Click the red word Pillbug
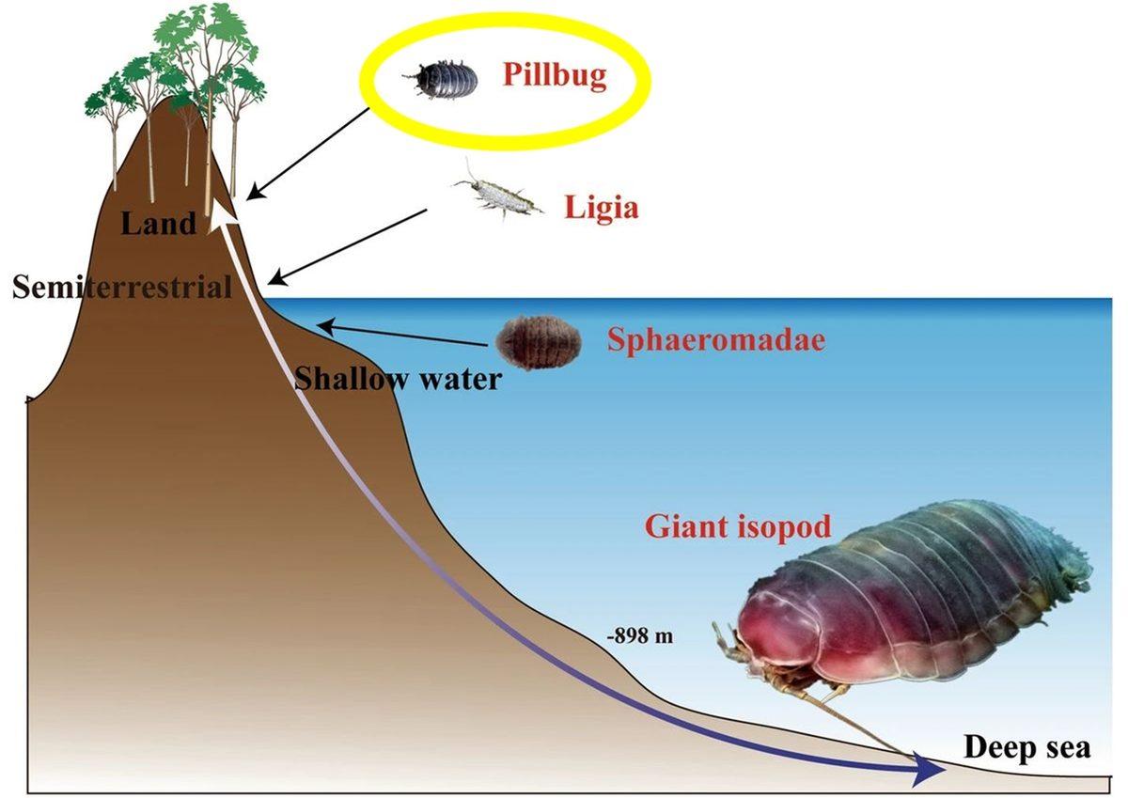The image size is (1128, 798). [x=554, y=74]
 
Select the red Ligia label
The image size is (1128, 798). [x=601, y=207]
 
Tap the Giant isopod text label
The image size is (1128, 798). [x=738, y=526]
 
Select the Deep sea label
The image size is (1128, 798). [x=1026, y=748]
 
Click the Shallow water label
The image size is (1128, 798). [x=397, y=379]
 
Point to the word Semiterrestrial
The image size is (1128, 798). [x=122, y=287]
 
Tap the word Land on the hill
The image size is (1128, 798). [x=159, y=224]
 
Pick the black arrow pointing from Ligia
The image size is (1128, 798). [x=347, y=245]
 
